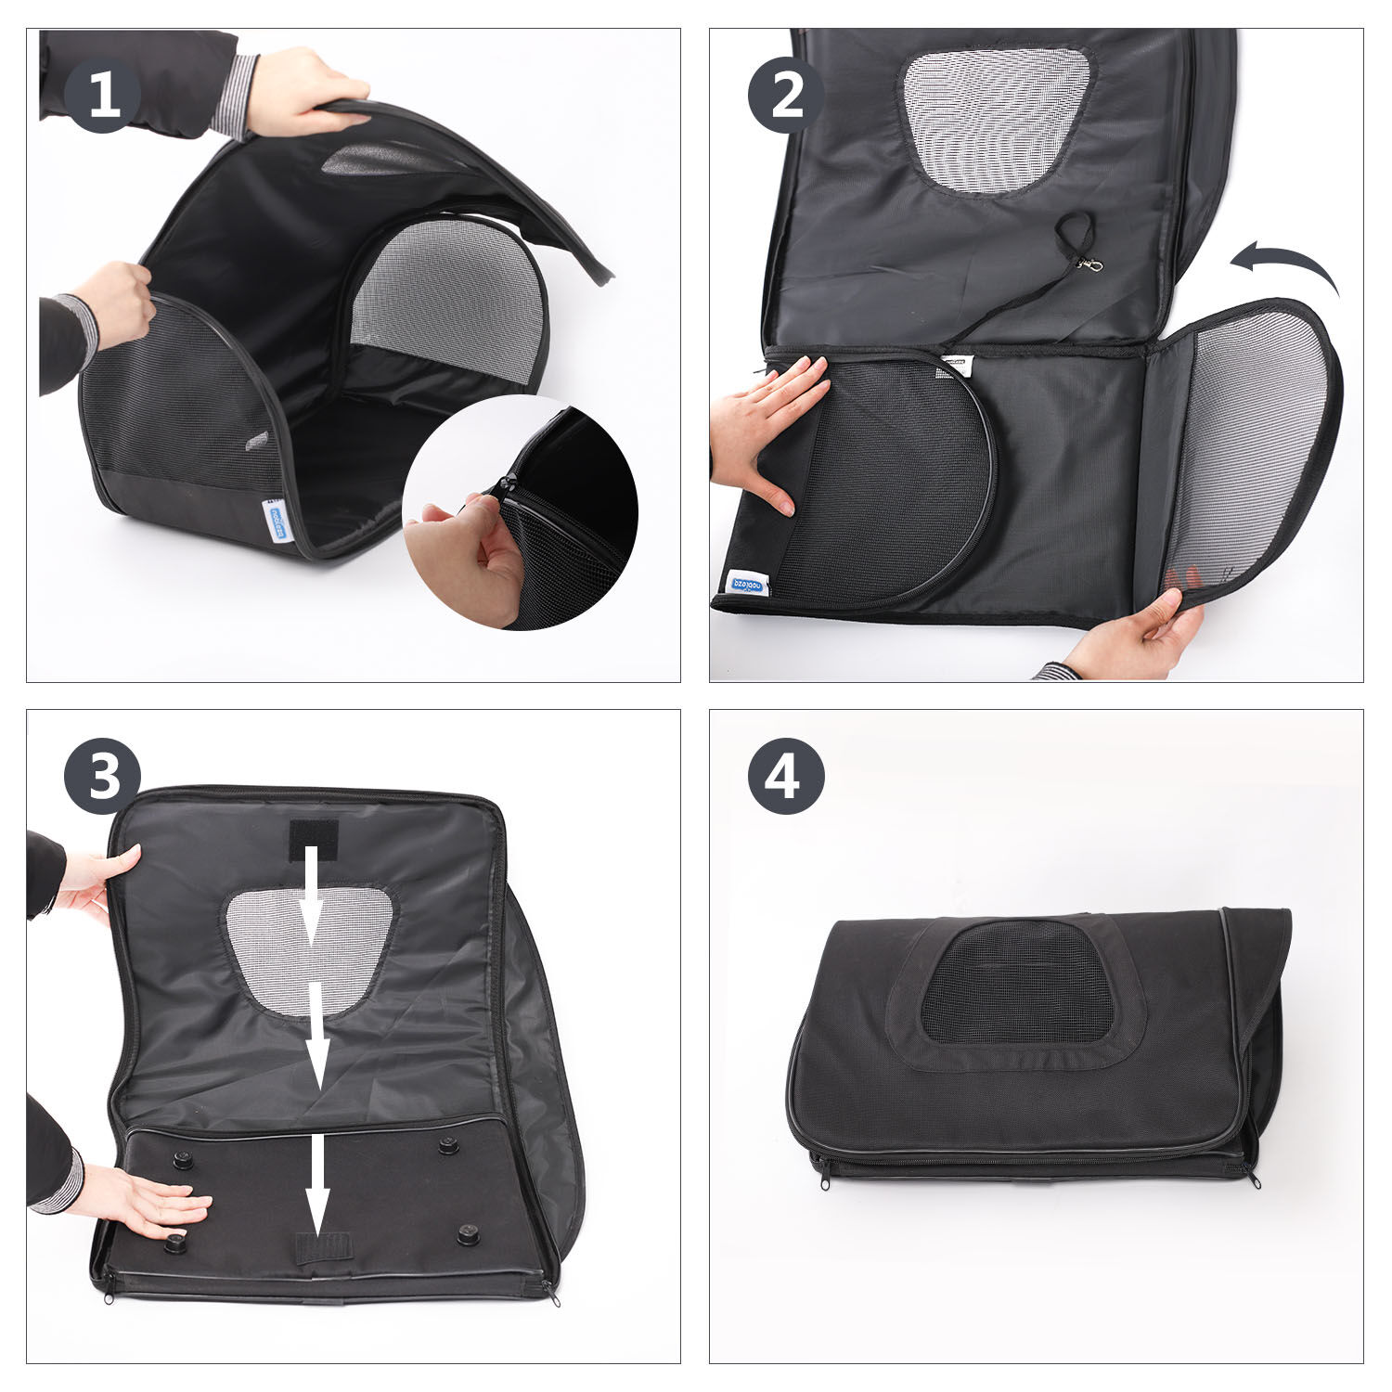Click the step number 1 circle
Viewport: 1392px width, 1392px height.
(102, 95)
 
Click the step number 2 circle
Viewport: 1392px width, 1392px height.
(786, 95)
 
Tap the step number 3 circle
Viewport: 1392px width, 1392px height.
(102, 777)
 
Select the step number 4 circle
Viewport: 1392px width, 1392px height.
(786, 777)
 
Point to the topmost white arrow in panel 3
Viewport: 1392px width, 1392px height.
(310, 891)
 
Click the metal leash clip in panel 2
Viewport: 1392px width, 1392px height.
(1090, 266)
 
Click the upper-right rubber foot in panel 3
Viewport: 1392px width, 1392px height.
(449, 1145)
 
